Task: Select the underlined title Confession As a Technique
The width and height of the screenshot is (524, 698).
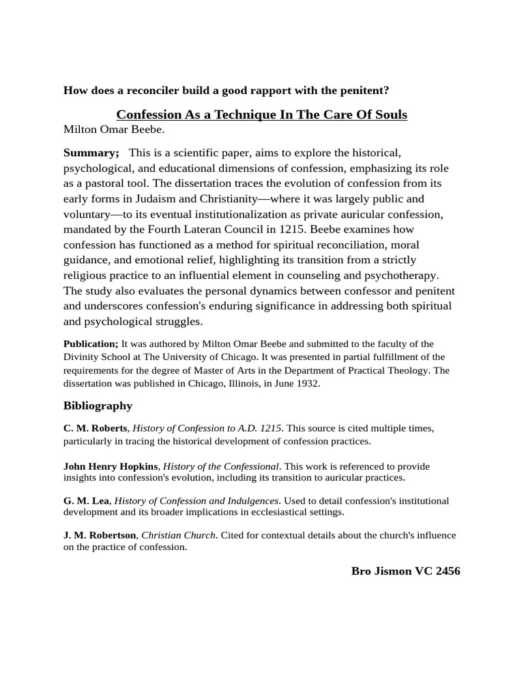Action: [261, 115]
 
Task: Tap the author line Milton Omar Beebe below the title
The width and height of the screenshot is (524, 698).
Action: [114, 130]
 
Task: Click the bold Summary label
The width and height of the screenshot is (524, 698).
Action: [91, 153]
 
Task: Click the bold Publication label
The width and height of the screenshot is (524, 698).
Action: [91, 344]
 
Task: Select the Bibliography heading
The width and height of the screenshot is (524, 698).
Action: [98, 406]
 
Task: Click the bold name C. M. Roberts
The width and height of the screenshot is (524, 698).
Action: [95, 428]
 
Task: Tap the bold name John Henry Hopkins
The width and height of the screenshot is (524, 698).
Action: [111, 466]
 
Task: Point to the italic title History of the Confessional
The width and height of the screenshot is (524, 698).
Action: [222, 466]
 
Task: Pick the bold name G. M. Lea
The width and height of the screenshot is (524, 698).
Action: [86, 501]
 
